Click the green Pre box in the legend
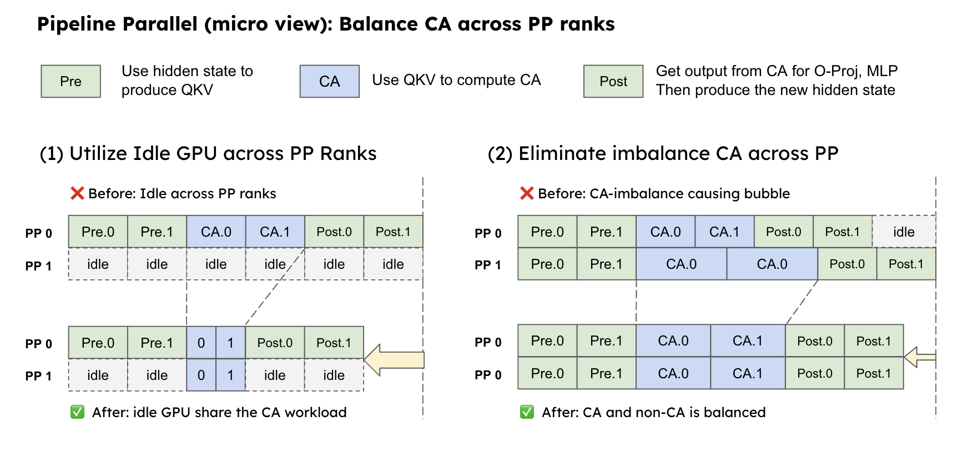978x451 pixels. tap(70, 81)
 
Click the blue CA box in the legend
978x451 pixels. tap(329, 81)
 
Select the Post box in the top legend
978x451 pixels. tap(613, 81)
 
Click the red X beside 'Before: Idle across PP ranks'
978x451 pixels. tap(77, 193)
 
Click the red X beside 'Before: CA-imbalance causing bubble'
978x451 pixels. tap(527, 193)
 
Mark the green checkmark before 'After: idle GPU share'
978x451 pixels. tap(77, 412)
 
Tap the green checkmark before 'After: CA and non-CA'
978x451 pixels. tap(527, 412)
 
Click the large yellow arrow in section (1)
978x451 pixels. tap(395, 360)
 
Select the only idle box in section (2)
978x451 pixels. tap(904, 232)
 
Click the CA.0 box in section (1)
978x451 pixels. tap(216, 232)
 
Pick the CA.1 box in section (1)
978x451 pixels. tap(275, 232)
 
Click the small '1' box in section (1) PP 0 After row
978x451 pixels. tap(230, 343)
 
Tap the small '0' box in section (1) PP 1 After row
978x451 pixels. tap(201, 375)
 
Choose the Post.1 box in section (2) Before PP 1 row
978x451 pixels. tap(906, 264)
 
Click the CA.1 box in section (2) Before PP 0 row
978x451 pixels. tap(724, 232)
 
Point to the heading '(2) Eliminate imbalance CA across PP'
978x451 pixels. tap(663, 153)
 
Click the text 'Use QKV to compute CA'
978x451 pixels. tap(456, 80)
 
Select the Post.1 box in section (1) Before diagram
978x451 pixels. tap(393, 232)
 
